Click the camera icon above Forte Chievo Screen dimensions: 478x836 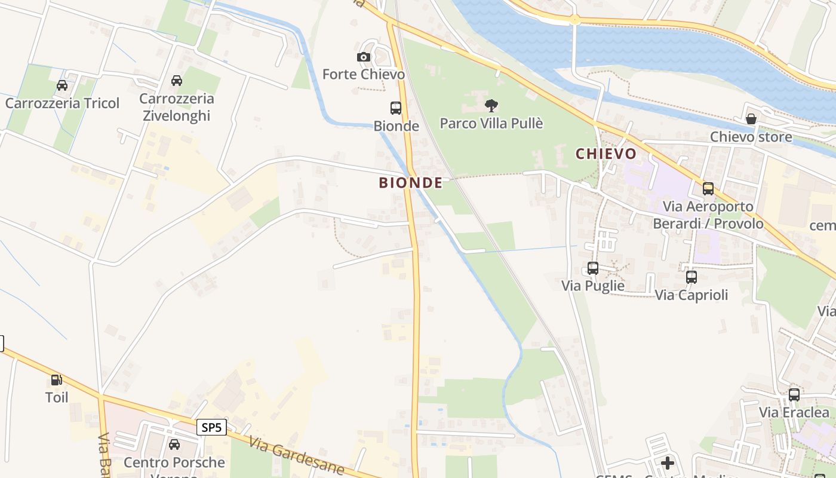363,57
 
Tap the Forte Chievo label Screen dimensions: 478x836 363,75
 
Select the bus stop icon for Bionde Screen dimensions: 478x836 396,108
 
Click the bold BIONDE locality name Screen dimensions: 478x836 411,183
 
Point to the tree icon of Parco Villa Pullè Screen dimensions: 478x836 491,106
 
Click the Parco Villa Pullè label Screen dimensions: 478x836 491,124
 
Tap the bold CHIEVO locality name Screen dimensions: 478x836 606,154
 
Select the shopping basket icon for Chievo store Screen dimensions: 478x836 751,119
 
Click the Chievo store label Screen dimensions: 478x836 751,137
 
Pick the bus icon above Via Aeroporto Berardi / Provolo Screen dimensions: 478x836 708,189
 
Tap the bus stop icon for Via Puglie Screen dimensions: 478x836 593,268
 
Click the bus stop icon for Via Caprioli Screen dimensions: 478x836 691,277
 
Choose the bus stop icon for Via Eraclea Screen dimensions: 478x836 794,395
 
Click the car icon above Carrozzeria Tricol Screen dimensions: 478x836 62,85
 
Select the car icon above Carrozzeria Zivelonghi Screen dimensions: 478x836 177,81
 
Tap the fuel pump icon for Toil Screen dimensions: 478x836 57,380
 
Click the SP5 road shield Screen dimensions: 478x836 212,427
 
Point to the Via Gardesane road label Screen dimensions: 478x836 297,457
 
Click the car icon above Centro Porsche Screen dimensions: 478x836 174,445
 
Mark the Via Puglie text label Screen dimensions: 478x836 592,286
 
